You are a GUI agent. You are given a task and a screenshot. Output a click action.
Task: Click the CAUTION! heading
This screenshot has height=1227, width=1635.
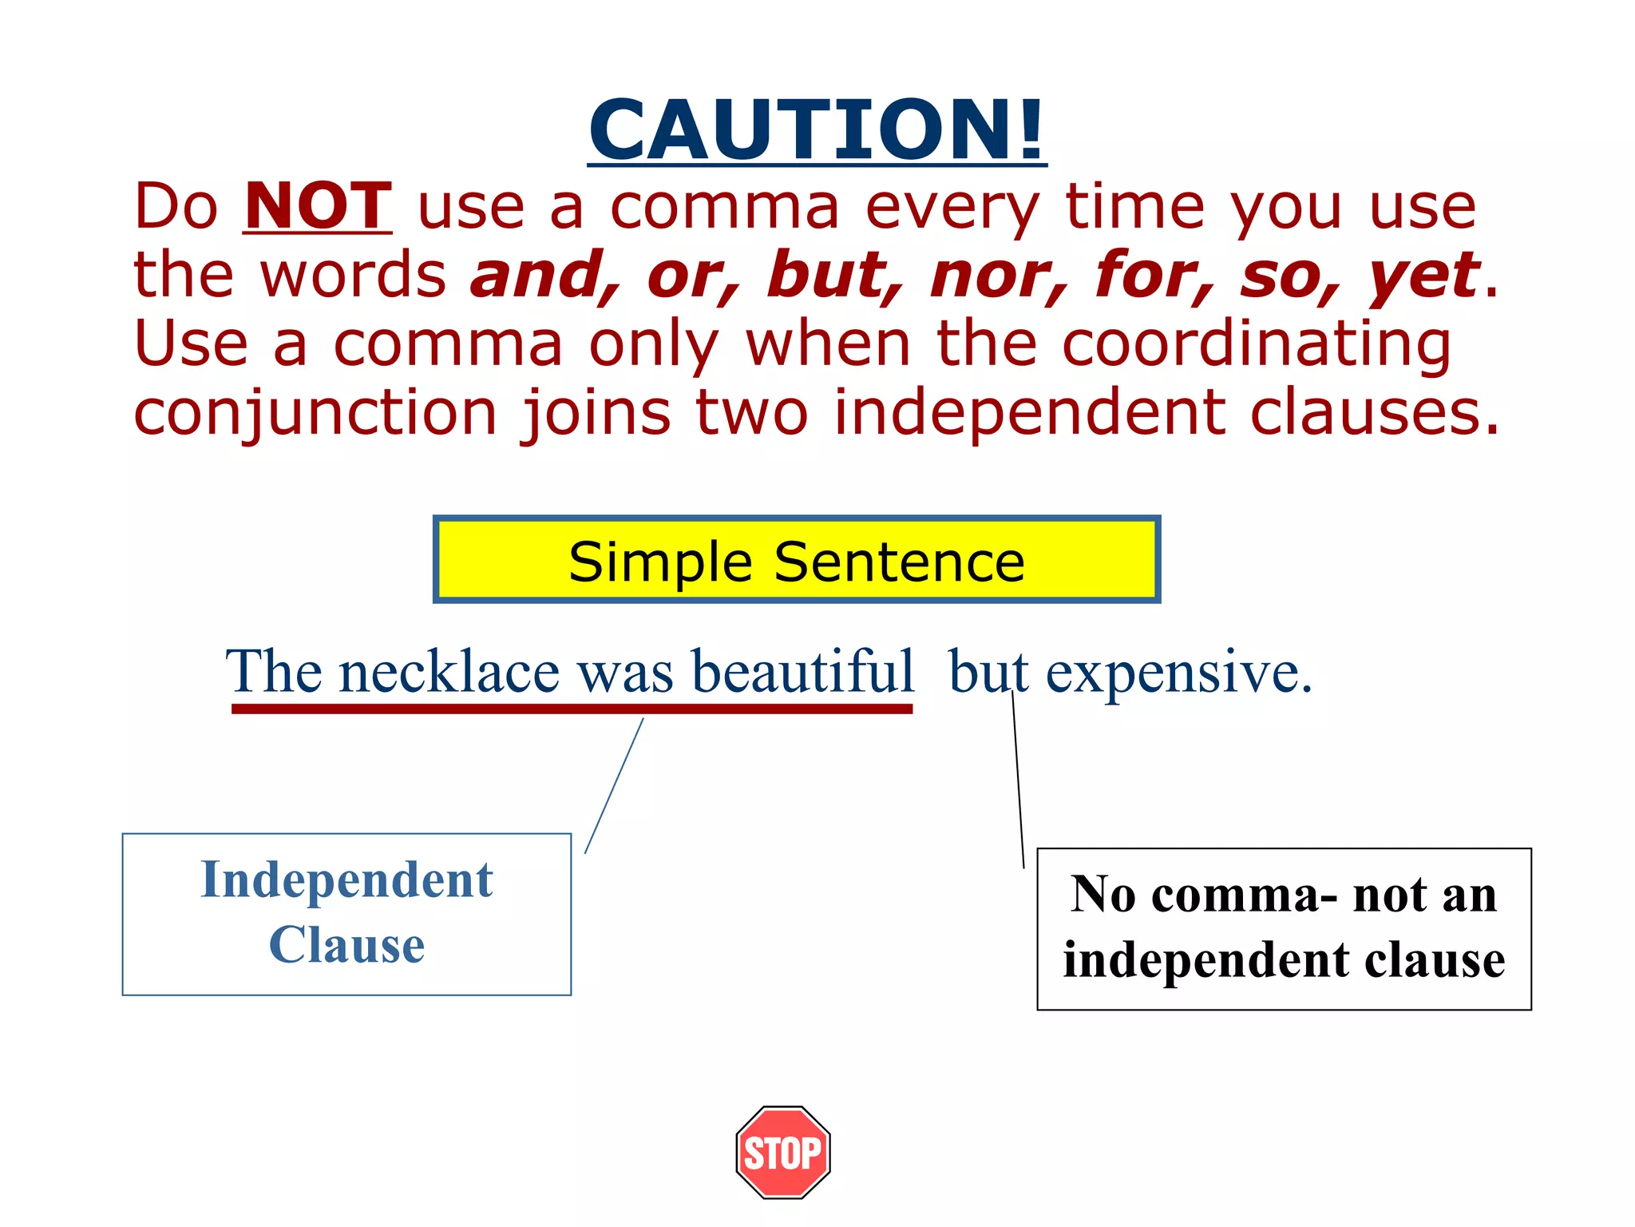click(817, 129)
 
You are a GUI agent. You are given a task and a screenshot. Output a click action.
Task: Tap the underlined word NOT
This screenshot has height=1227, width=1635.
click(317, 206)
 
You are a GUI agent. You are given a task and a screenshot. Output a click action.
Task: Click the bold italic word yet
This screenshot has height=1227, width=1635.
click(1424, 276)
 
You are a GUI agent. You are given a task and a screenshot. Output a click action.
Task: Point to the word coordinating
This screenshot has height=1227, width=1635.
click(1257, 345)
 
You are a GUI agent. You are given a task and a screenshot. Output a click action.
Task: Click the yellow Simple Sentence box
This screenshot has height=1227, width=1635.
click(796, 560)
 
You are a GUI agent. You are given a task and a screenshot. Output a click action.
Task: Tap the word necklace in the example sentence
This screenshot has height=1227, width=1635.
click(449, 672)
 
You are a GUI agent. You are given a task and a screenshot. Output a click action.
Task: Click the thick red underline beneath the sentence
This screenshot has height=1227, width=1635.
click(572, 709)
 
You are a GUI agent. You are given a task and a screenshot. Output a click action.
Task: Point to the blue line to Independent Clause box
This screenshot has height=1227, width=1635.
click(614, 785)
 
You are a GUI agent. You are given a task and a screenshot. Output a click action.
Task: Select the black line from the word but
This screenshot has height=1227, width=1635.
click(1018, 779)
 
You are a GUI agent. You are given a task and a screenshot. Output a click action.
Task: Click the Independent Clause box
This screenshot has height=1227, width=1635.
click(346, 914)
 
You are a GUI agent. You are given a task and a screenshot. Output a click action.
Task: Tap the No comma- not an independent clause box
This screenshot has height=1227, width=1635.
click(1284, 928)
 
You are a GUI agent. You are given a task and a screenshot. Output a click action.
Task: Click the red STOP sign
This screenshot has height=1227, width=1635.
click(783, 1152)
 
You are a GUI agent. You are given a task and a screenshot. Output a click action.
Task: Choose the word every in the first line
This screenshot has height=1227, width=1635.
click(952, 208)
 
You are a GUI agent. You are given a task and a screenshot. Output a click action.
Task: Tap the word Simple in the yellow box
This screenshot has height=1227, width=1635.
click(659, 562)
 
